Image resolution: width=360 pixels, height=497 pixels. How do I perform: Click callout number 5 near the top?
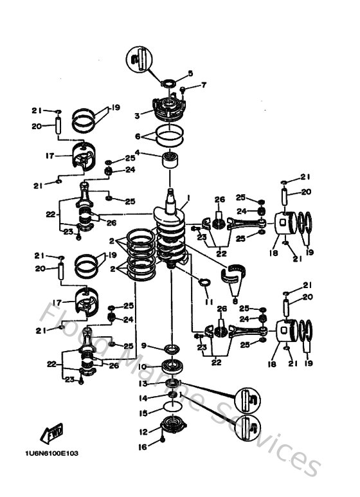pyautogui.click(x=190, y=73)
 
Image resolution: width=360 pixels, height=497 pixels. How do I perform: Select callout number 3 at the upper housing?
pyautogui.click(x=136, y=116)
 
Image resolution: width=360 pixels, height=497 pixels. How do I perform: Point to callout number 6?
pyautogui.click(x=136, y=136)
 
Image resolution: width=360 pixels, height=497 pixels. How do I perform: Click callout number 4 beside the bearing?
pyautogui.click(x=136, y=153)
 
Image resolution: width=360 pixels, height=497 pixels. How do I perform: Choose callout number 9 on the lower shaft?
pyautogui.click(x=144, y=345)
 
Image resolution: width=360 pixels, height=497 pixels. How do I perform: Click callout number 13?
pyautogui.click(x=144, y=383)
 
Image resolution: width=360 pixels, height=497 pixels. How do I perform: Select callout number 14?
pyautogui.click(x=144, y=398)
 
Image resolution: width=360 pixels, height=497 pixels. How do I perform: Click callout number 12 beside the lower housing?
pyautogui.click(x=144, y=431)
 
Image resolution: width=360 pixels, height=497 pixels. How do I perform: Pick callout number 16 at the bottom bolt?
pyautogui.click(x=144, y=445)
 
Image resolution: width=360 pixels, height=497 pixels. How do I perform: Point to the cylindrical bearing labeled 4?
pyautogui.click(x=171, y=159)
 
